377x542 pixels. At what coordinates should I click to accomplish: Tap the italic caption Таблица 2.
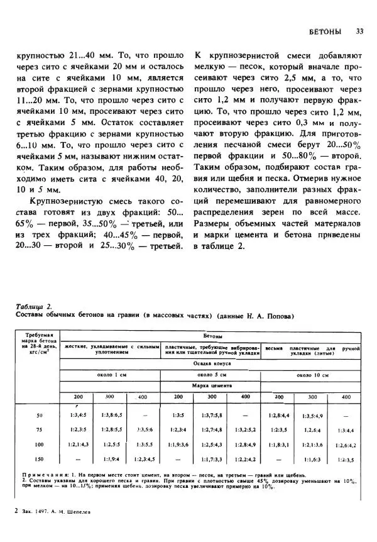[x=33, y=306]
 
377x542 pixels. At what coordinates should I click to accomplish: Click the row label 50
[x=39, y=415]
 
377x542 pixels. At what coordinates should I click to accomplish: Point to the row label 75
[x=39, y=429]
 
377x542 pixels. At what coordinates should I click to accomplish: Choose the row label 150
[x=39, y=458]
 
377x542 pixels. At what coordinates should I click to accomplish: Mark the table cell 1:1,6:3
[x=313, y=459]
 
